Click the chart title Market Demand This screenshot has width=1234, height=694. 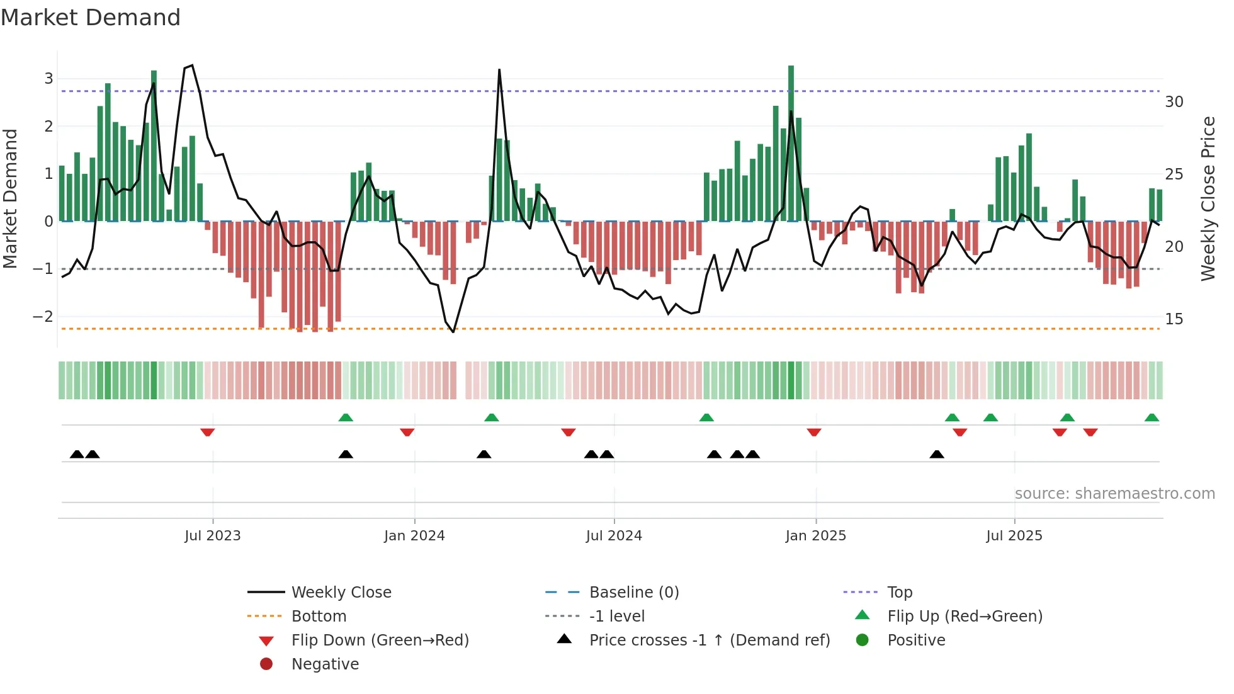pos(91,18)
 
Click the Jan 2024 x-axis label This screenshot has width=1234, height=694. pos(414,536)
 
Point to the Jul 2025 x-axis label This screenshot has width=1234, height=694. pos(1014,536)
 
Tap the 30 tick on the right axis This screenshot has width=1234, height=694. pos(1174,102)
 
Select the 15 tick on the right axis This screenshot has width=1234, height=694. pos(1174,319)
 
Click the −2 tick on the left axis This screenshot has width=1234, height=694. pos(43,317)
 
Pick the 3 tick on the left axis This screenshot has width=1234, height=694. pos(48,79)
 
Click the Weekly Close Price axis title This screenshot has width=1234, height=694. pos(1208,198)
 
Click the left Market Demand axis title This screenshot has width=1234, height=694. pos(11,198)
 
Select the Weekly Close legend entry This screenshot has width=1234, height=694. pos(341,593)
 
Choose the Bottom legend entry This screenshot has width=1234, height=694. pos(319,617)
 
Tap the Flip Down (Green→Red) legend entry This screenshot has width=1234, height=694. pos(380,640)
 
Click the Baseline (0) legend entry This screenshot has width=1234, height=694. pos(633,593)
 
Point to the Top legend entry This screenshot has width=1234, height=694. pos(900,593)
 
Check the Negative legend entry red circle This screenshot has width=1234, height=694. pos(266,664)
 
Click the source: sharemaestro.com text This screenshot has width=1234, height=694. pos(1114,494)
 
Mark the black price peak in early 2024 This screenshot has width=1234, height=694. pos(499,71)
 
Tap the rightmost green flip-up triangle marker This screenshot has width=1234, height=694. pos(1152,418)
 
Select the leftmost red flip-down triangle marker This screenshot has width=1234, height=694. pos(207,433)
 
